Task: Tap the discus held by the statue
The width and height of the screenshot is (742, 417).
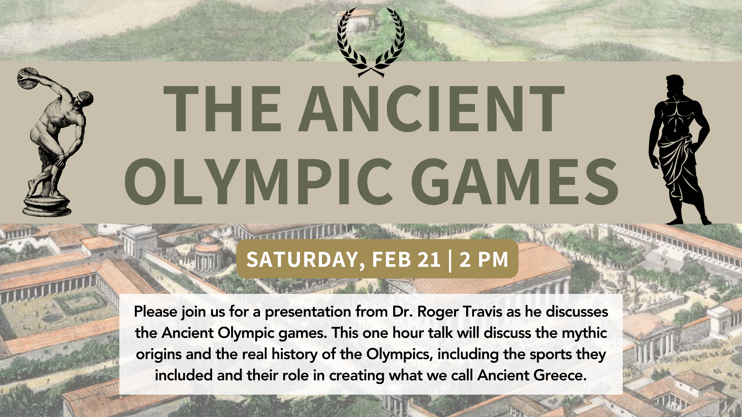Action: pos(28,79)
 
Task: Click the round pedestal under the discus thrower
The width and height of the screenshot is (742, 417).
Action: pos(47,207)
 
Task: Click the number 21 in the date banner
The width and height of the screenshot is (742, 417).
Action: pos(429,259)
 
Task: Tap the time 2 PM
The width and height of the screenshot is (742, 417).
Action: pos(483,259)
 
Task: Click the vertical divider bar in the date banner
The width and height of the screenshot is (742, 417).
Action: pos(450,259)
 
